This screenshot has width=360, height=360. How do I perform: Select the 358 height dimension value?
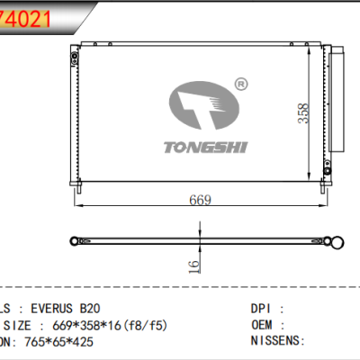click(x=305, y=112)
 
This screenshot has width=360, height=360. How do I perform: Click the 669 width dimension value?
click(x=199, y=200)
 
